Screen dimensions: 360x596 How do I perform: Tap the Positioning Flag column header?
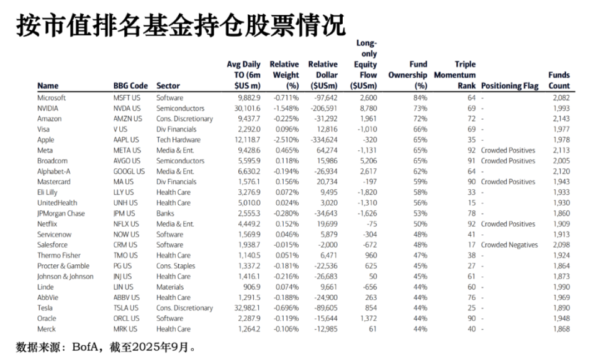[x=510, y=86]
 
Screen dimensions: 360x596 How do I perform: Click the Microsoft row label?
[x=52, y=97]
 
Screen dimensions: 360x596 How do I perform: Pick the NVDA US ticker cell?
[x=127, y=108]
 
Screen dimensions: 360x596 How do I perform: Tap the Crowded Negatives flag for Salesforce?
[x=509, y=245]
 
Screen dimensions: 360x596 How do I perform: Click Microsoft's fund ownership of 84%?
[x=419, y=97]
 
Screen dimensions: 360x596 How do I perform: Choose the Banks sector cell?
[x=166, y=213]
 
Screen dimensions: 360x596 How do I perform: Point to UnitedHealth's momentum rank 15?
[x=471, y=202]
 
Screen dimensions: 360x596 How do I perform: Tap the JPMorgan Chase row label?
[x=61, y=213]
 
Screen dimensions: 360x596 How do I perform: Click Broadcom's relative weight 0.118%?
[x=286, y=161]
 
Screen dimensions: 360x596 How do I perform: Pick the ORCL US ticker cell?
[x=127, y=318]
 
